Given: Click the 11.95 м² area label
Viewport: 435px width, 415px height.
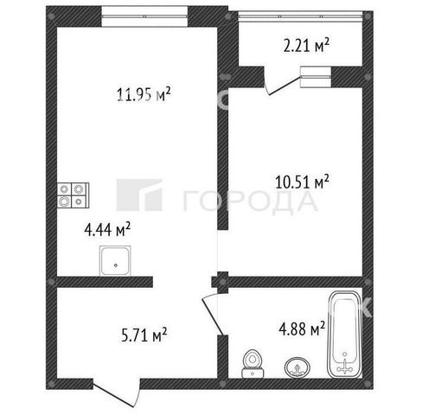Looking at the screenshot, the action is pos(144,94).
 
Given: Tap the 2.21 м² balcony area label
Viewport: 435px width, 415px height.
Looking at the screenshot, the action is pos(306,45).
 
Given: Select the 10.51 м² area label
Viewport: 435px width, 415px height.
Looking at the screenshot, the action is pos(303,182).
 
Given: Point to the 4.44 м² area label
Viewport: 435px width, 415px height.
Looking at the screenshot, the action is pos(107,230).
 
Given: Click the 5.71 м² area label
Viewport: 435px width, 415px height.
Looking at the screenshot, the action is pos(144,335).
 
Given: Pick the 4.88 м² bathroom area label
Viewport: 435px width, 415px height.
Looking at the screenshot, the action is pos(302,329).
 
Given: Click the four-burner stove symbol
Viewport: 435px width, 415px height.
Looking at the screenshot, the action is pos(74,195).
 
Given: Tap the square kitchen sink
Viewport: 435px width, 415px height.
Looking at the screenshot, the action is pos(115,260).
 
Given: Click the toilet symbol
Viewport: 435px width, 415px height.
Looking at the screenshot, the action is pos(253,364).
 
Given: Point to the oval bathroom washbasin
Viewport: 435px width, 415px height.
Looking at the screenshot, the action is pos(297,367).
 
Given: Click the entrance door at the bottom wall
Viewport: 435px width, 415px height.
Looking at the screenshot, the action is pos(117,394).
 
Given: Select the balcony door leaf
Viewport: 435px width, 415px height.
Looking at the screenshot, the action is pos(282,85).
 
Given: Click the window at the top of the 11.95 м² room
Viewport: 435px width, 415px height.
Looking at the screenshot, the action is pos(144,16).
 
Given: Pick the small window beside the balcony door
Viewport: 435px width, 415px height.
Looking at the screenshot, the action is pos(316,77).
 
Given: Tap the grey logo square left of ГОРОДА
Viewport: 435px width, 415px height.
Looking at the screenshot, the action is pos(139,195).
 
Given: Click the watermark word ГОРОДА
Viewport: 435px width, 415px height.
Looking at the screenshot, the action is pos(250,201).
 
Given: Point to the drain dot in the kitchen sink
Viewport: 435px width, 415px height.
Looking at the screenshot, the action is pos(116,265).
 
